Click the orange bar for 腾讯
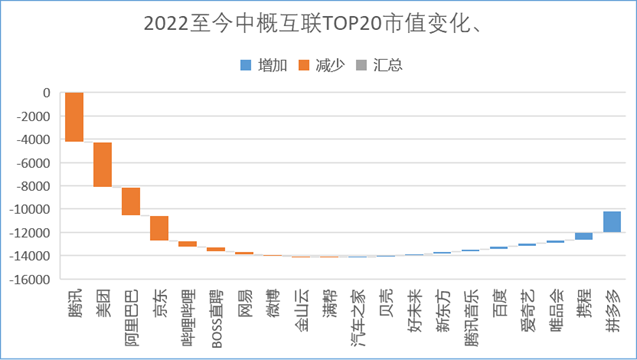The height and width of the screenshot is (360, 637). coord(74,117)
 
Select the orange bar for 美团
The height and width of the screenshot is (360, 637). coord(102,164)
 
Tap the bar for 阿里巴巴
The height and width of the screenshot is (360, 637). coord(131,201)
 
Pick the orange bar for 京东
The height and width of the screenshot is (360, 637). coord(159,228)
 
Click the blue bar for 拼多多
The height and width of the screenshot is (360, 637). coord(612,222)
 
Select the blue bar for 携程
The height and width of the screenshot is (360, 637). coord(584,236)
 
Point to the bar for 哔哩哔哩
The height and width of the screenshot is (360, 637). coord(187,243)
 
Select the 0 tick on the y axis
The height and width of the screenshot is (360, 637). coord(45,93)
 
